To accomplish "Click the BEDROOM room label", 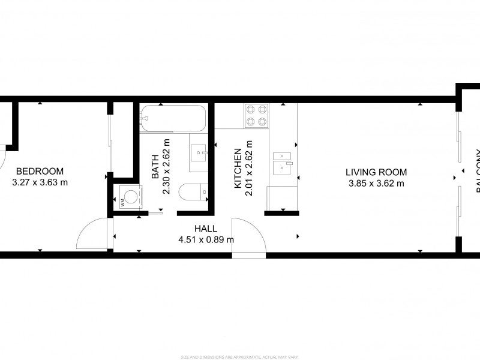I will [40, 170].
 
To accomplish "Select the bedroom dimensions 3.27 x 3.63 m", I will [40, 182].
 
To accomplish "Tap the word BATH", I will [155, 167].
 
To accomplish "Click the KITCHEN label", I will [238, 169].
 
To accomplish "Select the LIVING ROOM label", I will [376, 172].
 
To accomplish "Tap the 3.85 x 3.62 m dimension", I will [376, 183].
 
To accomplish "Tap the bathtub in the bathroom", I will [173, 118].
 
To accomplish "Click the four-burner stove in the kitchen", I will [256, 115].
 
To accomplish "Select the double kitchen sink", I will [282, 163].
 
